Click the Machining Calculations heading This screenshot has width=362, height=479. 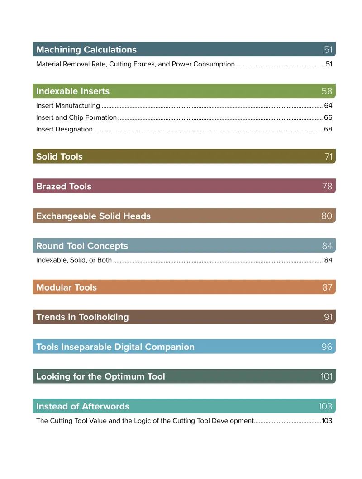coord(86,50)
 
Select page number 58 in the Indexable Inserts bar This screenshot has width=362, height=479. coord(327,91)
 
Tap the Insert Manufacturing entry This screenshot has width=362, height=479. coord(68,106)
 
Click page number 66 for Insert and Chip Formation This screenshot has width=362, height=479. coord(328,117)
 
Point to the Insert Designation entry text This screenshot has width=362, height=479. coord(64,129)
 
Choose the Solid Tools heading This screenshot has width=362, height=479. coord(59,156)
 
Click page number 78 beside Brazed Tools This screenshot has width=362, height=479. coord(327,186)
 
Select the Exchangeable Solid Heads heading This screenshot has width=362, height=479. coord(93,216)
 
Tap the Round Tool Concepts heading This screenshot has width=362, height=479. coord(82,246)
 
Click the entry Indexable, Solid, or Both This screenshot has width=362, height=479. coord(74,260)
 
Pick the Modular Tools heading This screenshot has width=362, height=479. coord(67,287)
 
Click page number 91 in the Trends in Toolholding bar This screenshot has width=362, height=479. coord(328,317)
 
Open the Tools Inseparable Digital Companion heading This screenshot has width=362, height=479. coord(115,347)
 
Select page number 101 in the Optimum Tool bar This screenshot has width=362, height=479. coord(326,376)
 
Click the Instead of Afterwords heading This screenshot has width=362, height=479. coord(83,406)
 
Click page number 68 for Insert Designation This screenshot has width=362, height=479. coord(328,129)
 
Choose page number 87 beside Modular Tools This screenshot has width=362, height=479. coord(327,287)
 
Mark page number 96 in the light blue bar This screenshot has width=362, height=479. coord(327,347)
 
